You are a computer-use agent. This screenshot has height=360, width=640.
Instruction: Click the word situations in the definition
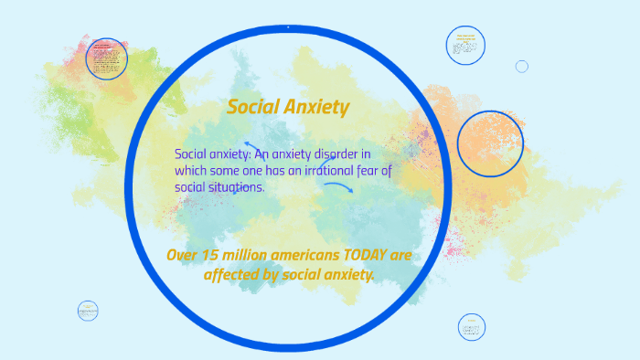(234, 186)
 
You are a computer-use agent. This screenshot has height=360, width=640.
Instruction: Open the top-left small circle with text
(106, 58)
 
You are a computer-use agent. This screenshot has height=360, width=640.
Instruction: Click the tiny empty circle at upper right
(522, 66)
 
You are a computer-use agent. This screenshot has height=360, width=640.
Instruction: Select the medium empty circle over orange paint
(490, 143)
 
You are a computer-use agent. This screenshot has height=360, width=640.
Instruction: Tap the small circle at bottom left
(88, 311)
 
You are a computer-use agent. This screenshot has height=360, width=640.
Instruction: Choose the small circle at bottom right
(471, 327)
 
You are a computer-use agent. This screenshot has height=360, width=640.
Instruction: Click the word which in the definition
(193, 170)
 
